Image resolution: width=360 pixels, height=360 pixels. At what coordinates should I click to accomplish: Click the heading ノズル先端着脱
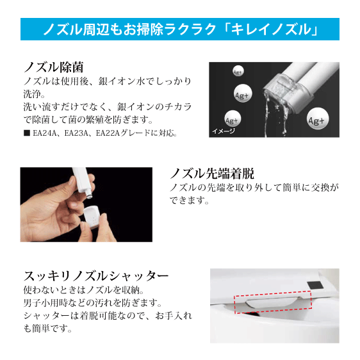click(211, 173)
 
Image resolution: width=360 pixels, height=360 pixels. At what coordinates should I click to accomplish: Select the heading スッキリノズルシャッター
click(96, 276)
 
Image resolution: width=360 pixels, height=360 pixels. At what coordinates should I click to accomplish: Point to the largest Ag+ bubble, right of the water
click(318, 119)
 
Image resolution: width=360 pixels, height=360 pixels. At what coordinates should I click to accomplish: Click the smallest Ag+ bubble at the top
click(236, 71)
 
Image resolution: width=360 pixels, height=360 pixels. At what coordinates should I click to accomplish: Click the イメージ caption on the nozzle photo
click(224, 132)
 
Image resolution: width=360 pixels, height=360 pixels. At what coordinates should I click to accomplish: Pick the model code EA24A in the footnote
click(44, 134)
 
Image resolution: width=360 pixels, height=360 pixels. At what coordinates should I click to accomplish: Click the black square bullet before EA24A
click(26, 134)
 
